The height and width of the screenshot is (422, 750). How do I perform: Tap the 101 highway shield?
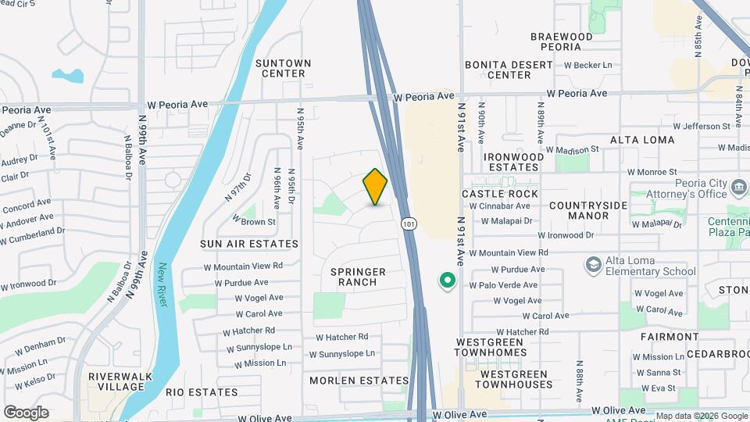click(x=409, y=224)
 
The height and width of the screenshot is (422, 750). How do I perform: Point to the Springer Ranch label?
click(x=358, y=277)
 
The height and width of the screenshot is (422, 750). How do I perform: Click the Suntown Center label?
click(x=283, y=68)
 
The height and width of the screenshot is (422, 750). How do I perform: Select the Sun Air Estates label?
click(x=249, y=244)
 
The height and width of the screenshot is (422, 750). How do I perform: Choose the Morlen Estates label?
click(x=359, y=381)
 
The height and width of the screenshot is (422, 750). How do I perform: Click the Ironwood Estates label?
click(x=513, y=162)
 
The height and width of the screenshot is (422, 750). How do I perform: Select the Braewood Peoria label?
click(x=561, y=42)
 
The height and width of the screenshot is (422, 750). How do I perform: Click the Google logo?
click(x=26, y=413)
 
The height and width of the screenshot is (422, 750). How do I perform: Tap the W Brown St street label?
click(x=254, y=222)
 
